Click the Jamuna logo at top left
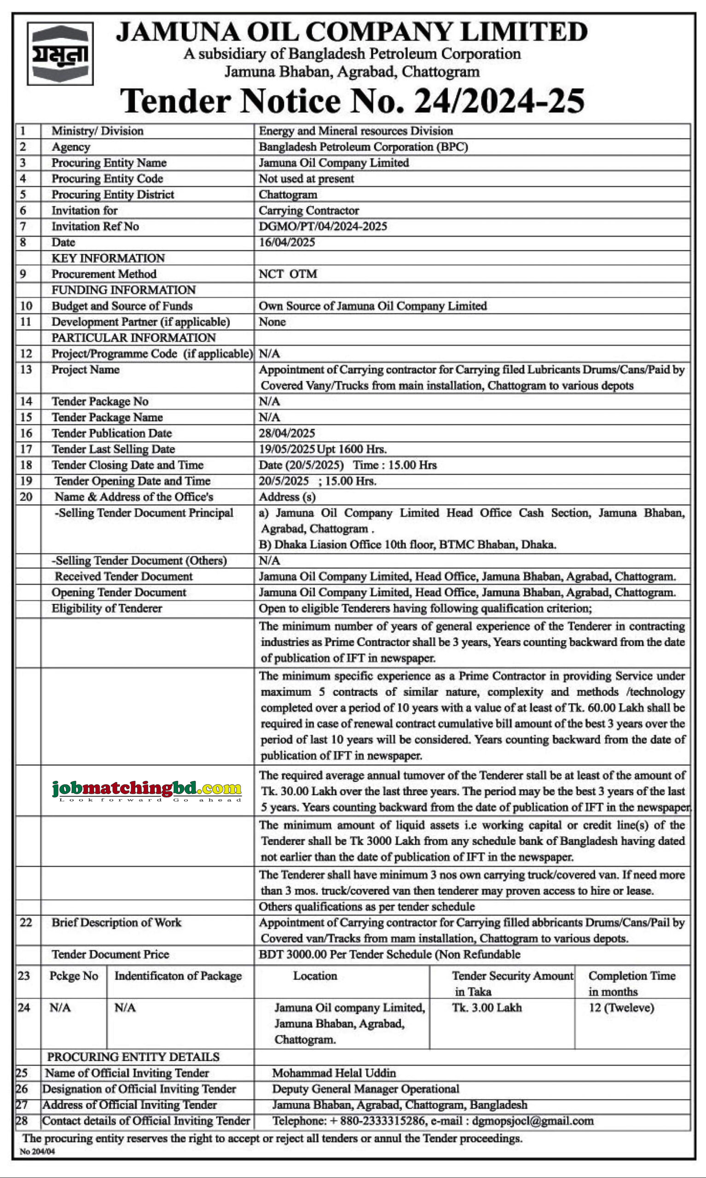[x=60, y=53]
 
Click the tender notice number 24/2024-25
[x=499, y=101]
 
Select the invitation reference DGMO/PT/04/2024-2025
[x=323, y=226]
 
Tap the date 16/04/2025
[x=286, y=243]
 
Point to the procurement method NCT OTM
[x=287, y=274]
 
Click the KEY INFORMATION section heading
[x=108, y=258]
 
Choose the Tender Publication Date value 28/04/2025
[x=286, y=433]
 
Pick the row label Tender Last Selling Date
[x=113, y=449]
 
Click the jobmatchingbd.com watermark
[x=146, y=790]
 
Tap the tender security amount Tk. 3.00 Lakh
[x=486, y=1008]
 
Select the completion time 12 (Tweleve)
[x=621, y=1008]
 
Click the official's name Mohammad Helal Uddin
[x=334, y=1073]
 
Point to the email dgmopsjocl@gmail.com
[x=532, y=1121]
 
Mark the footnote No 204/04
[x=37, y=1151]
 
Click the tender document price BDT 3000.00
[x=293, y=954]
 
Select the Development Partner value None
[x=272, y=322]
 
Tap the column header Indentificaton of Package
[x=178, y=976]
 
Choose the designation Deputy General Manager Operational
[x=365, y=1089]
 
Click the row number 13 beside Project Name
[x=26, y=370]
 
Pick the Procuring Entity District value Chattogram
[x=288, y=195]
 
